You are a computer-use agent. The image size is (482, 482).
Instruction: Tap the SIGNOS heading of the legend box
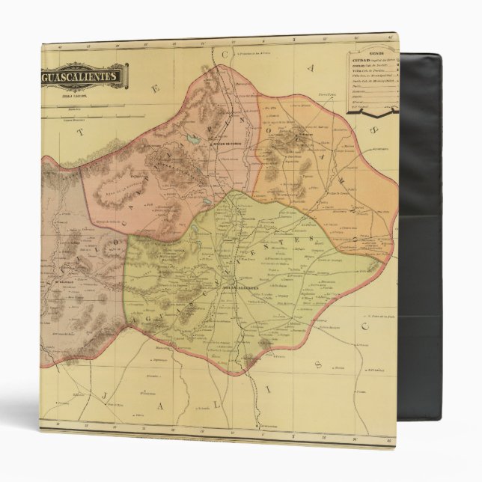pos(372,54)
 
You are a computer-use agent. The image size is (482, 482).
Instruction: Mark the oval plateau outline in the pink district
pos(122,182)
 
